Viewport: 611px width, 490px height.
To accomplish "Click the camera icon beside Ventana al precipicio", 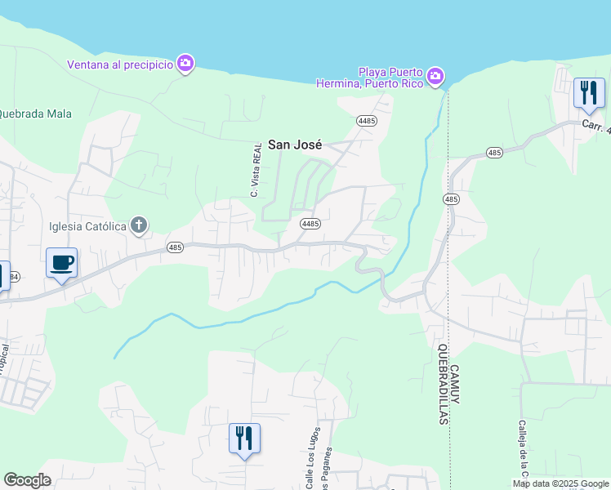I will [185, 64].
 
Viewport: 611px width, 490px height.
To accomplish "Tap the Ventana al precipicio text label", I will [120, 65].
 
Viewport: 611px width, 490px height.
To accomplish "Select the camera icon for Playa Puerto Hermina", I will [435, 77].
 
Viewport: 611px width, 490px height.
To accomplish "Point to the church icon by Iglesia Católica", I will [139, 225].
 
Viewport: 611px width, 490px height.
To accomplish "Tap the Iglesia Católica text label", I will [87, 226].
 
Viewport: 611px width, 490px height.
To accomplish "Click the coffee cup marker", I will [61, 264].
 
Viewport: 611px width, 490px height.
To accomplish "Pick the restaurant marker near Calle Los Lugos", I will [244, 438].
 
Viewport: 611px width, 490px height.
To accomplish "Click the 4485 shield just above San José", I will [366, 121].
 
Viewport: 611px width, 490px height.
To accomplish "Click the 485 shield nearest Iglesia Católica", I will [175, 247].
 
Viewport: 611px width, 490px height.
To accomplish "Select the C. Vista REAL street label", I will [255, 170].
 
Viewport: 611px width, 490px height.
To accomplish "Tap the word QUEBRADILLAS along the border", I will [442, 384].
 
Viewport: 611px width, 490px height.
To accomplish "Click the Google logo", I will [27, 480].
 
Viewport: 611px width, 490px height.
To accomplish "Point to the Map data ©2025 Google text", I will [560, 483].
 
